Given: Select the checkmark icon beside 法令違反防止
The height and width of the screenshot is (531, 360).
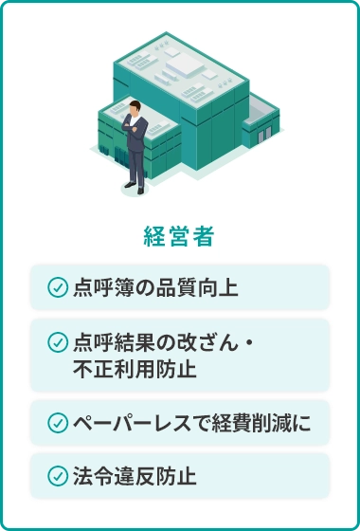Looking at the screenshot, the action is pyautogui.click(x=57, y=475).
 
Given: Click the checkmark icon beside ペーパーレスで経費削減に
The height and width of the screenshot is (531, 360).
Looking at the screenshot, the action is pyautogui.click(x=57, y=422).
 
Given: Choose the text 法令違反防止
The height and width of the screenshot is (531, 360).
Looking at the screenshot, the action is pyautogui.click(x=134, y=475).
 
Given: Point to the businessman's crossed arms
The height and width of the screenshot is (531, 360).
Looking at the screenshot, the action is pyautogui.click(x=138, y=133).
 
